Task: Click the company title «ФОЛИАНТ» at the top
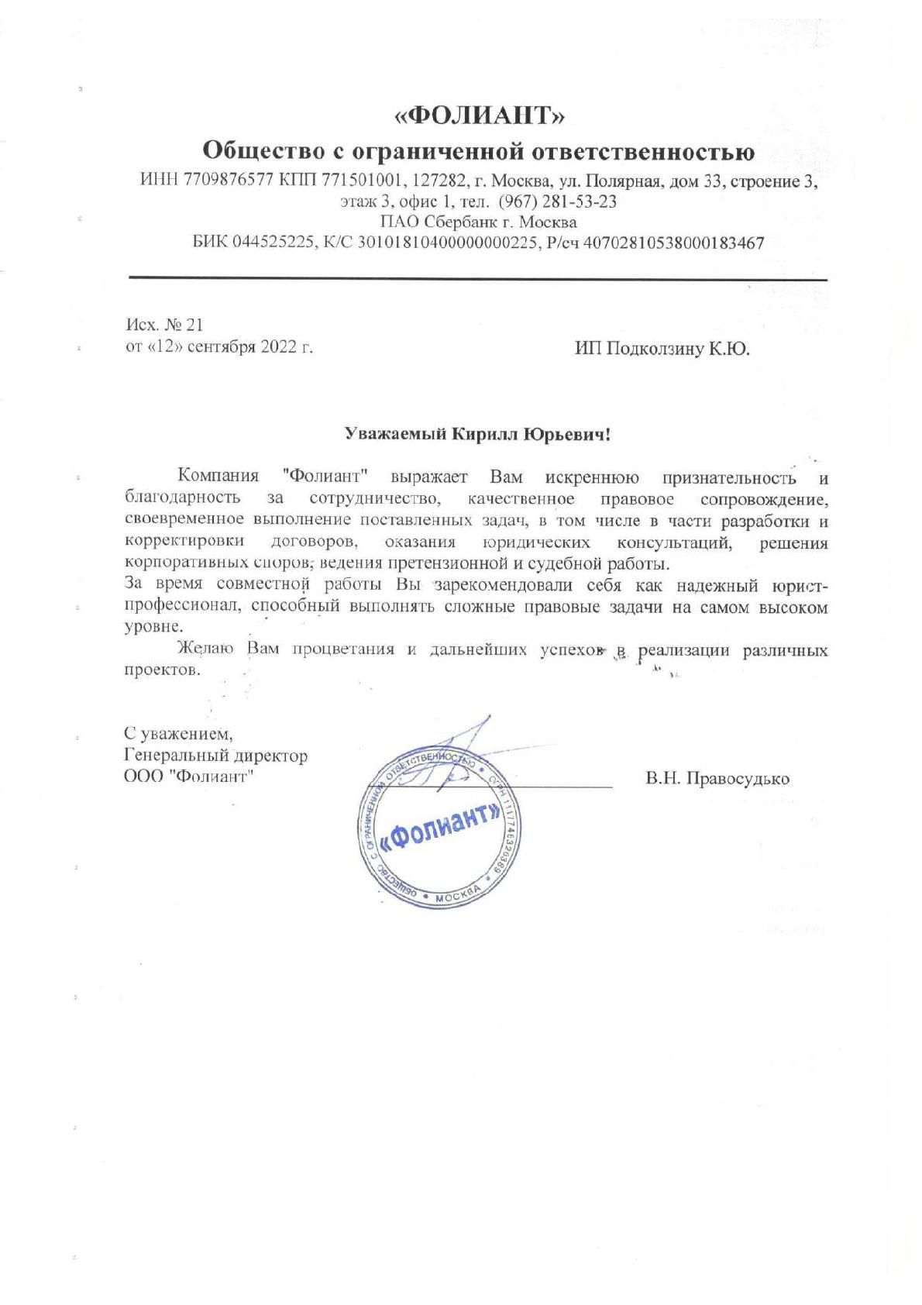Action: (x=480, y=115)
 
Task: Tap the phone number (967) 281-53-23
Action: (x=558, y=201)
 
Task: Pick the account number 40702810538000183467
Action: (x=673, y=243)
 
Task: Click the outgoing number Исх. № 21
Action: (x=163, y=324)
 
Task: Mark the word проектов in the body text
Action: (x=162, y=670)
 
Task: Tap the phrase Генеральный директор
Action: (x=215, y=755)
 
